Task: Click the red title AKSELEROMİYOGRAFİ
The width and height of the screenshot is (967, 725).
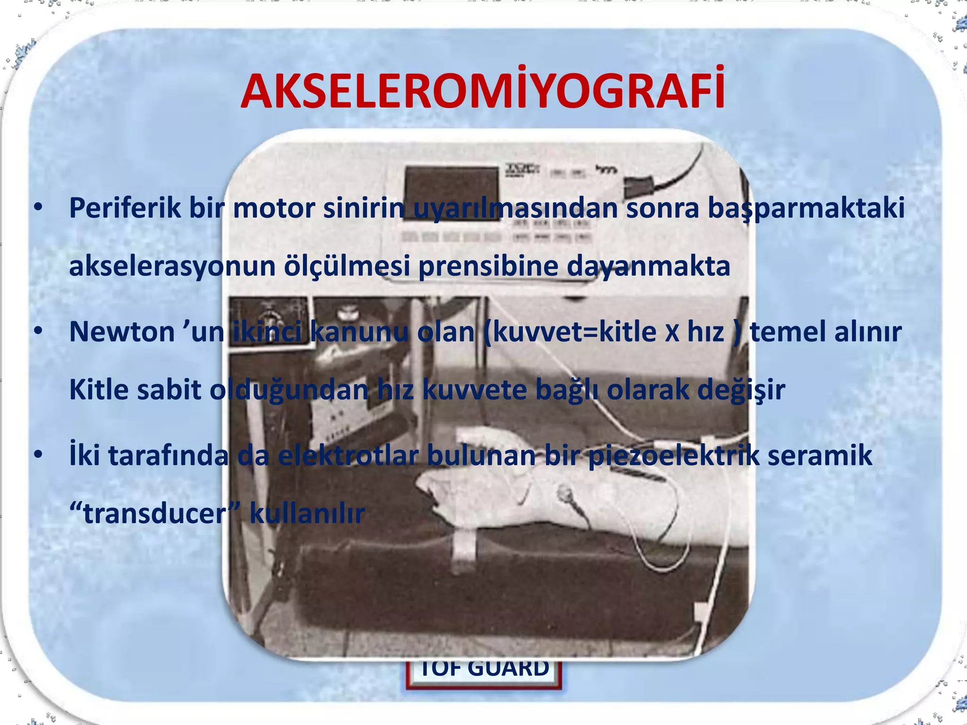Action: (483, 92)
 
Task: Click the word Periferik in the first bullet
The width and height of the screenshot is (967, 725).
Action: (125, 208)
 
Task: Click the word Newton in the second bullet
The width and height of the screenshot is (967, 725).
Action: (122, 332)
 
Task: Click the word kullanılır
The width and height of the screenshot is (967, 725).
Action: (307, 514)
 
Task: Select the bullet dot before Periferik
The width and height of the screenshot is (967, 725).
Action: (39, 207)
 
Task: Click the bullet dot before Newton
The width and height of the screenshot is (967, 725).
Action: (39, 331)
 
